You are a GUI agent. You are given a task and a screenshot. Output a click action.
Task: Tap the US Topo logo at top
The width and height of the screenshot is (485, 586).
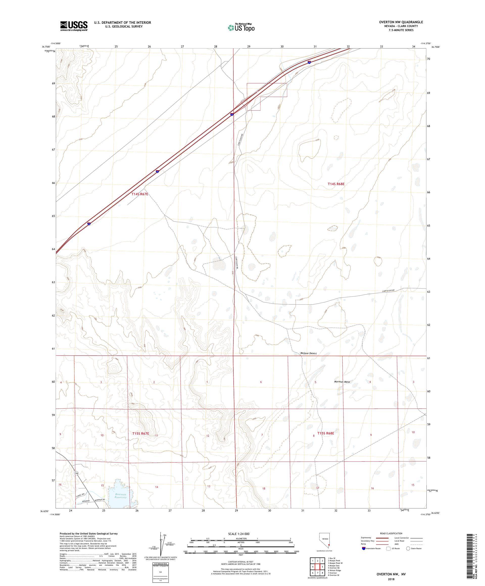point(241,27)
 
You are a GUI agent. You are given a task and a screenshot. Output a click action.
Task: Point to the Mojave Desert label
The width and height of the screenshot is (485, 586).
point(308,353)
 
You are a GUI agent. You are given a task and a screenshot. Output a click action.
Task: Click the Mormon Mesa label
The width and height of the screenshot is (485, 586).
point(342,382)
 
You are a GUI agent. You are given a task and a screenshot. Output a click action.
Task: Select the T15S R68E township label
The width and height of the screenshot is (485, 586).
point(326,433)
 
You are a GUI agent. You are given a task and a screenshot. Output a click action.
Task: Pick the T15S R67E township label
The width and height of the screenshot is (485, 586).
point(141,434)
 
